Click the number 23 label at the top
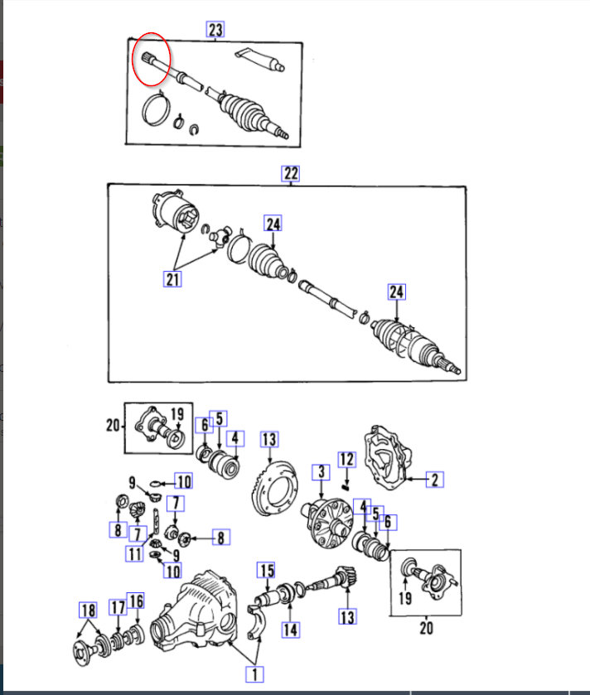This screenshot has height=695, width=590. click(215, 30)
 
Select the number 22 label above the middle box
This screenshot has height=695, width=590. click(291, 173)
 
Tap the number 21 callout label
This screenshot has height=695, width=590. click(172, 279)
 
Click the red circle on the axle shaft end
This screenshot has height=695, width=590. click(152, 59)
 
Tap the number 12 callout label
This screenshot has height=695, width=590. click(346, 459)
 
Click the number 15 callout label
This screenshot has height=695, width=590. click(265, 570)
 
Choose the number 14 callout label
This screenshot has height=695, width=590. click(289, 630)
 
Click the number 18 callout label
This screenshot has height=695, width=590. click(88, 611)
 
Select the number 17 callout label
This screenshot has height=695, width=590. click(118, 607)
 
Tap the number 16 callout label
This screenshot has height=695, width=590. click(136, 601)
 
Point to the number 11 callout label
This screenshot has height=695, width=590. click(134, 554)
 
